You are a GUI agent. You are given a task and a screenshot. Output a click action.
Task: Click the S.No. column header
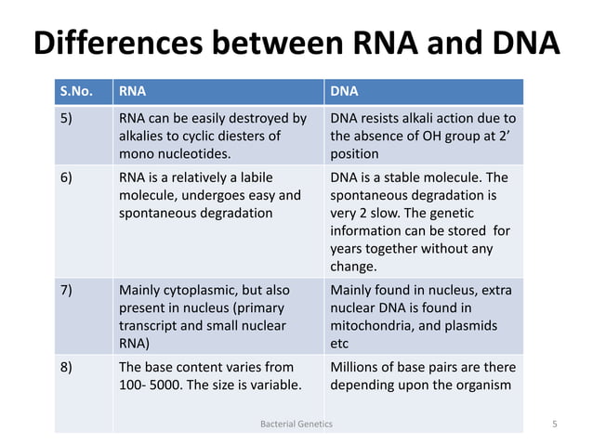pyautogui.click(x=77, y=92)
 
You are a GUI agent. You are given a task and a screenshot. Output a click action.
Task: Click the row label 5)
pyautogui.click(x=68, y=118)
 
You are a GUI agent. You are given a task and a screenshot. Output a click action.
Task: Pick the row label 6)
pyautogui.click(x=68, y=177)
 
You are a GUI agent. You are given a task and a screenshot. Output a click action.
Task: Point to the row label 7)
pyautogui.click(x=68, y=291)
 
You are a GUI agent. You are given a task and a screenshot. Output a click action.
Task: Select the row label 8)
pyautogui.click(x=68, y=367)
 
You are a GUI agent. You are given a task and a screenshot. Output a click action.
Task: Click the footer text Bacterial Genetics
pyautogui.click(x=296, y=424)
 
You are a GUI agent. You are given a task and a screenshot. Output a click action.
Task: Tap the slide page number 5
pyautogui.click(x=554, y=424)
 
